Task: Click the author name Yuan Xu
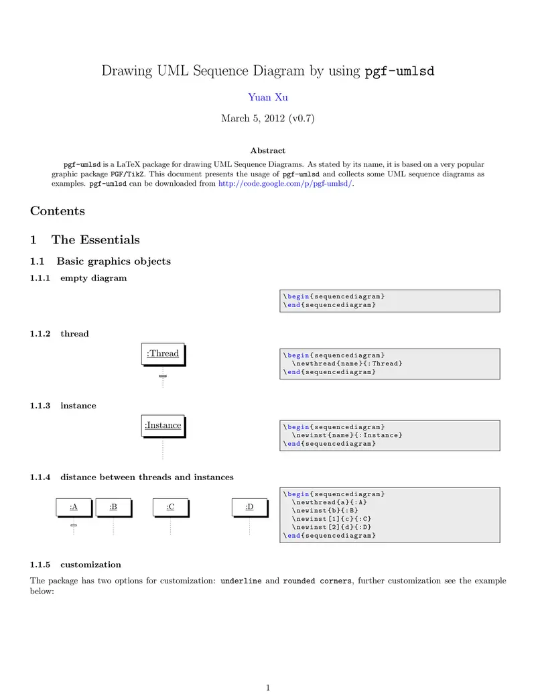pos(268,97)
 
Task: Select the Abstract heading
pos(267,151)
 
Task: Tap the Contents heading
pos(58,211)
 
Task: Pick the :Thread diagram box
pos(163,353)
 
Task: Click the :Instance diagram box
pos(163,425)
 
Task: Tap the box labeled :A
pos(74,507)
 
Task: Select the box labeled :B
pos(113,507)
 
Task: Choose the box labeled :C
pos(171,507)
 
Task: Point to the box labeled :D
pos(249,507)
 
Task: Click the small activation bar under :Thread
pos(163,376)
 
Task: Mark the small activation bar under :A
pos(74,526)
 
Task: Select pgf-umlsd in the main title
pos(399,71)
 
